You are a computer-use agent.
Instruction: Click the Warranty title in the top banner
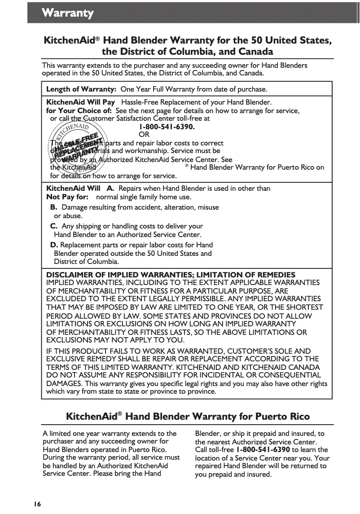(x=68, y=13)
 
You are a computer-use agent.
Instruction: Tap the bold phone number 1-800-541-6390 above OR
(x=167, y=127)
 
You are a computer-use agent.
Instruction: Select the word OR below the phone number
(x=144, y=135)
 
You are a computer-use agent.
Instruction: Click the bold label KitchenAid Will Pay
(x=81, y=102)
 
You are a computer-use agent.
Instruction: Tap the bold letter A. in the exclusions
(x=110, y=189)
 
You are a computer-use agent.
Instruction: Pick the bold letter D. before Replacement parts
(x=54, y=245)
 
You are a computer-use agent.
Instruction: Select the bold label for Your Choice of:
(x=79, y=110)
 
